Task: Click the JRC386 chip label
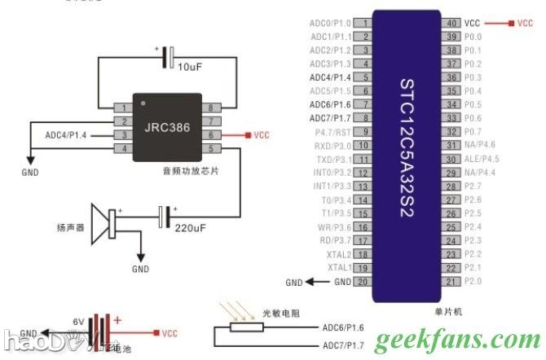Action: coord(167,128)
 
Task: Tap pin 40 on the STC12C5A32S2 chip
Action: coord(451,24)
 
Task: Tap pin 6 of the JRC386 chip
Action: coord(212,134)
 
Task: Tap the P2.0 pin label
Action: coord(473,281)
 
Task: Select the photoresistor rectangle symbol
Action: coord(246,327)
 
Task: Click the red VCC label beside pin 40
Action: coord(525,24)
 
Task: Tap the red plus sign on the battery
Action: coord(117,320)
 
